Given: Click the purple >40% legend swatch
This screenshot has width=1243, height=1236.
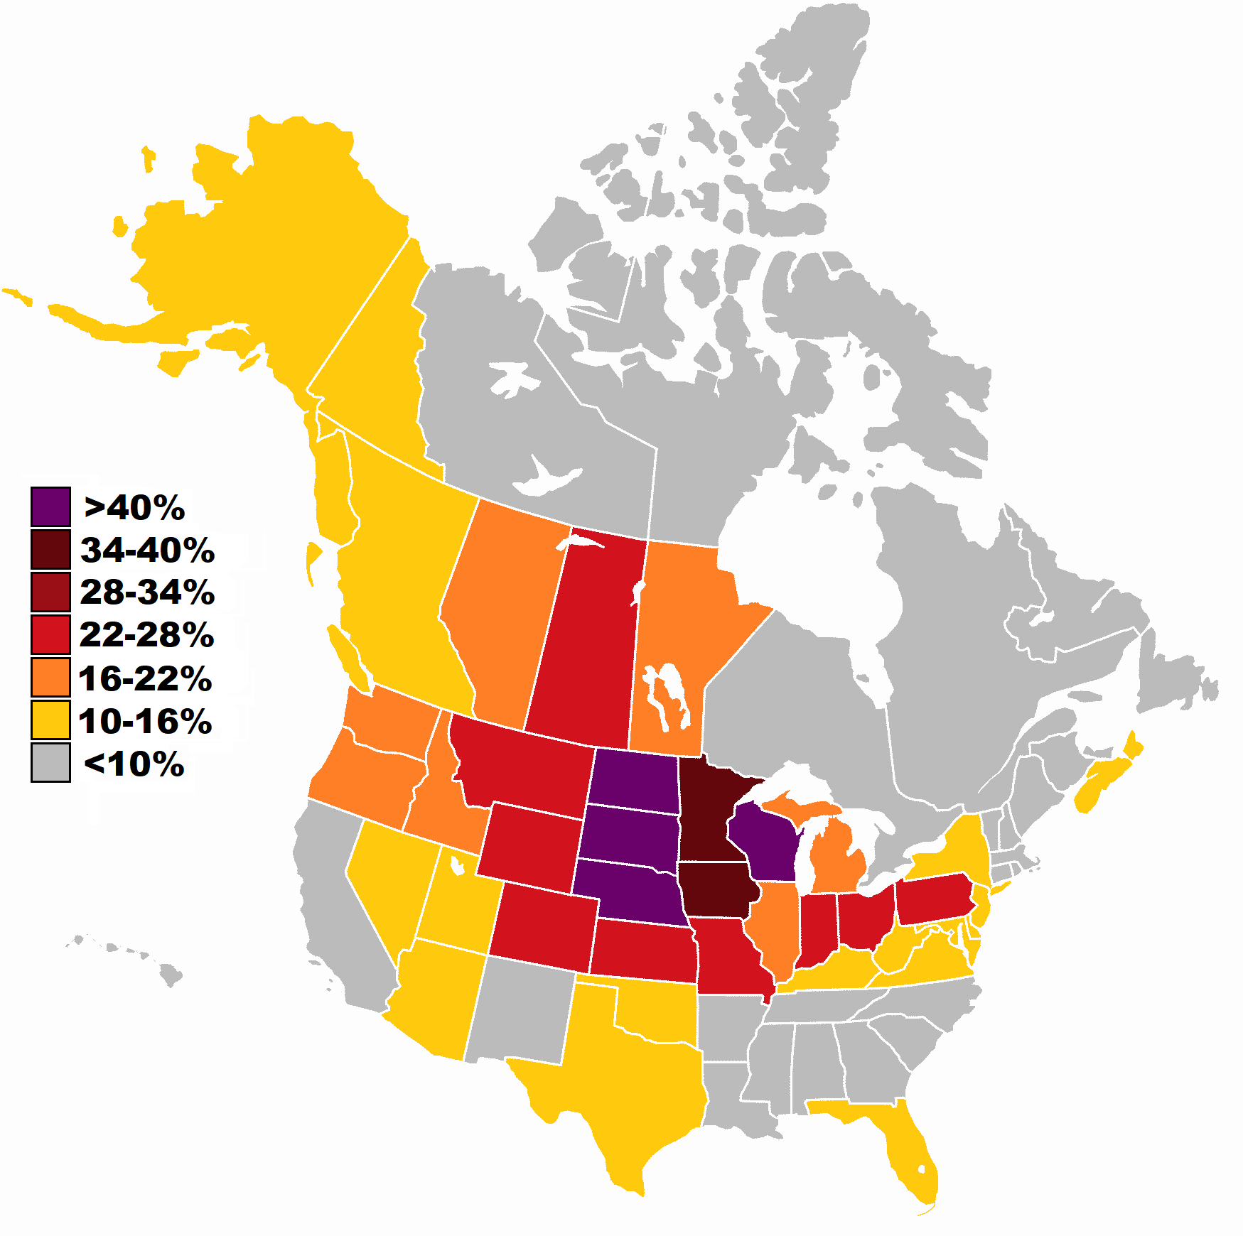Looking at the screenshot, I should (x=50, y=506).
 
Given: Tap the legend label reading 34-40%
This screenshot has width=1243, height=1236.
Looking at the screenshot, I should (x=147, y=550).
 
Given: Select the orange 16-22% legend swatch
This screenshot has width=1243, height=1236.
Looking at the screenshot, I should (x=50, y=677).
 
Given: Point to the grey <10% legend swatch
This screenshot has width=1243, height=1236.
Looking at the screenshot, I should (x=50, y=762).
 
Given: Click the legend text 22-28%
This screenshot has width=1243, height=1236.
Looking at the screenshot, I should (x=147, y=635).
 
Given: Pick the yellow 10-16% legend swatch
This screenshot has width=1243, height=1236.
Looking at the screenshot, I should (x=50, y=720).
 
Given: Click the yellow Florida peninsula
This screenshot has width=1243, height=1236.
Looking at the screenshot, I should (x=910, y=1151).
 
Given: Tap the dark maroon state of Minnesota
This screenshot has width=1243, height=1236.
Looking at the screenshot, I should (x=707, y=810).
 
